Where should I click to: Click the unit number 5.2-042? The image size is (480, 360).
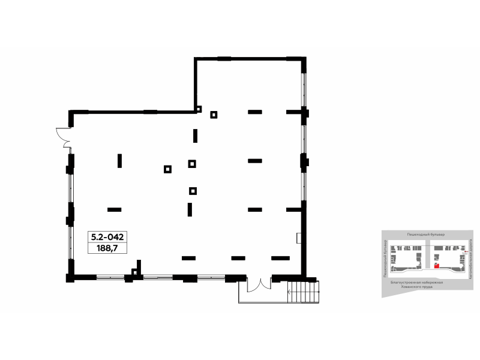click(x=108, y=236)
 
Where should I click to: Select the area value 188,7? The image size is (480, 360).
click(x=108, y=247)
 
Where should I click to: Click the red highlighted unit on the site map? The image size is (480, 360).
click(x=437, y=264)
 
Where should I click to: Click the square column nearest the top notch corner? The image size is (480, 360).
click(x=213, y=115)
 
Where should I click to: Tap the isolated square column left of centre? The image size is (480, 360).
click(x=167, y=169)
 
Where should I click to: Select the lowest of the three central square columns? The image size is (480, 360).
click(x=193, y=191)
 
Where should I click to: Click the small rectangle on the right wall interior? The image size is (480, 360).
click(x=299, y=238)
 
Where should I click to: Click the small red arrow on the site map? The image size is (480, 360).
click(x=465, y=254)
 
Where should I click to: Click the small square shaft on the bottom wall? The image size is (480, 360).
click(x=135, y=274)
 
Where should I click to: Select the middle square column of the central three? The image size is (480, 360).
click(x=192, y=163)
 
